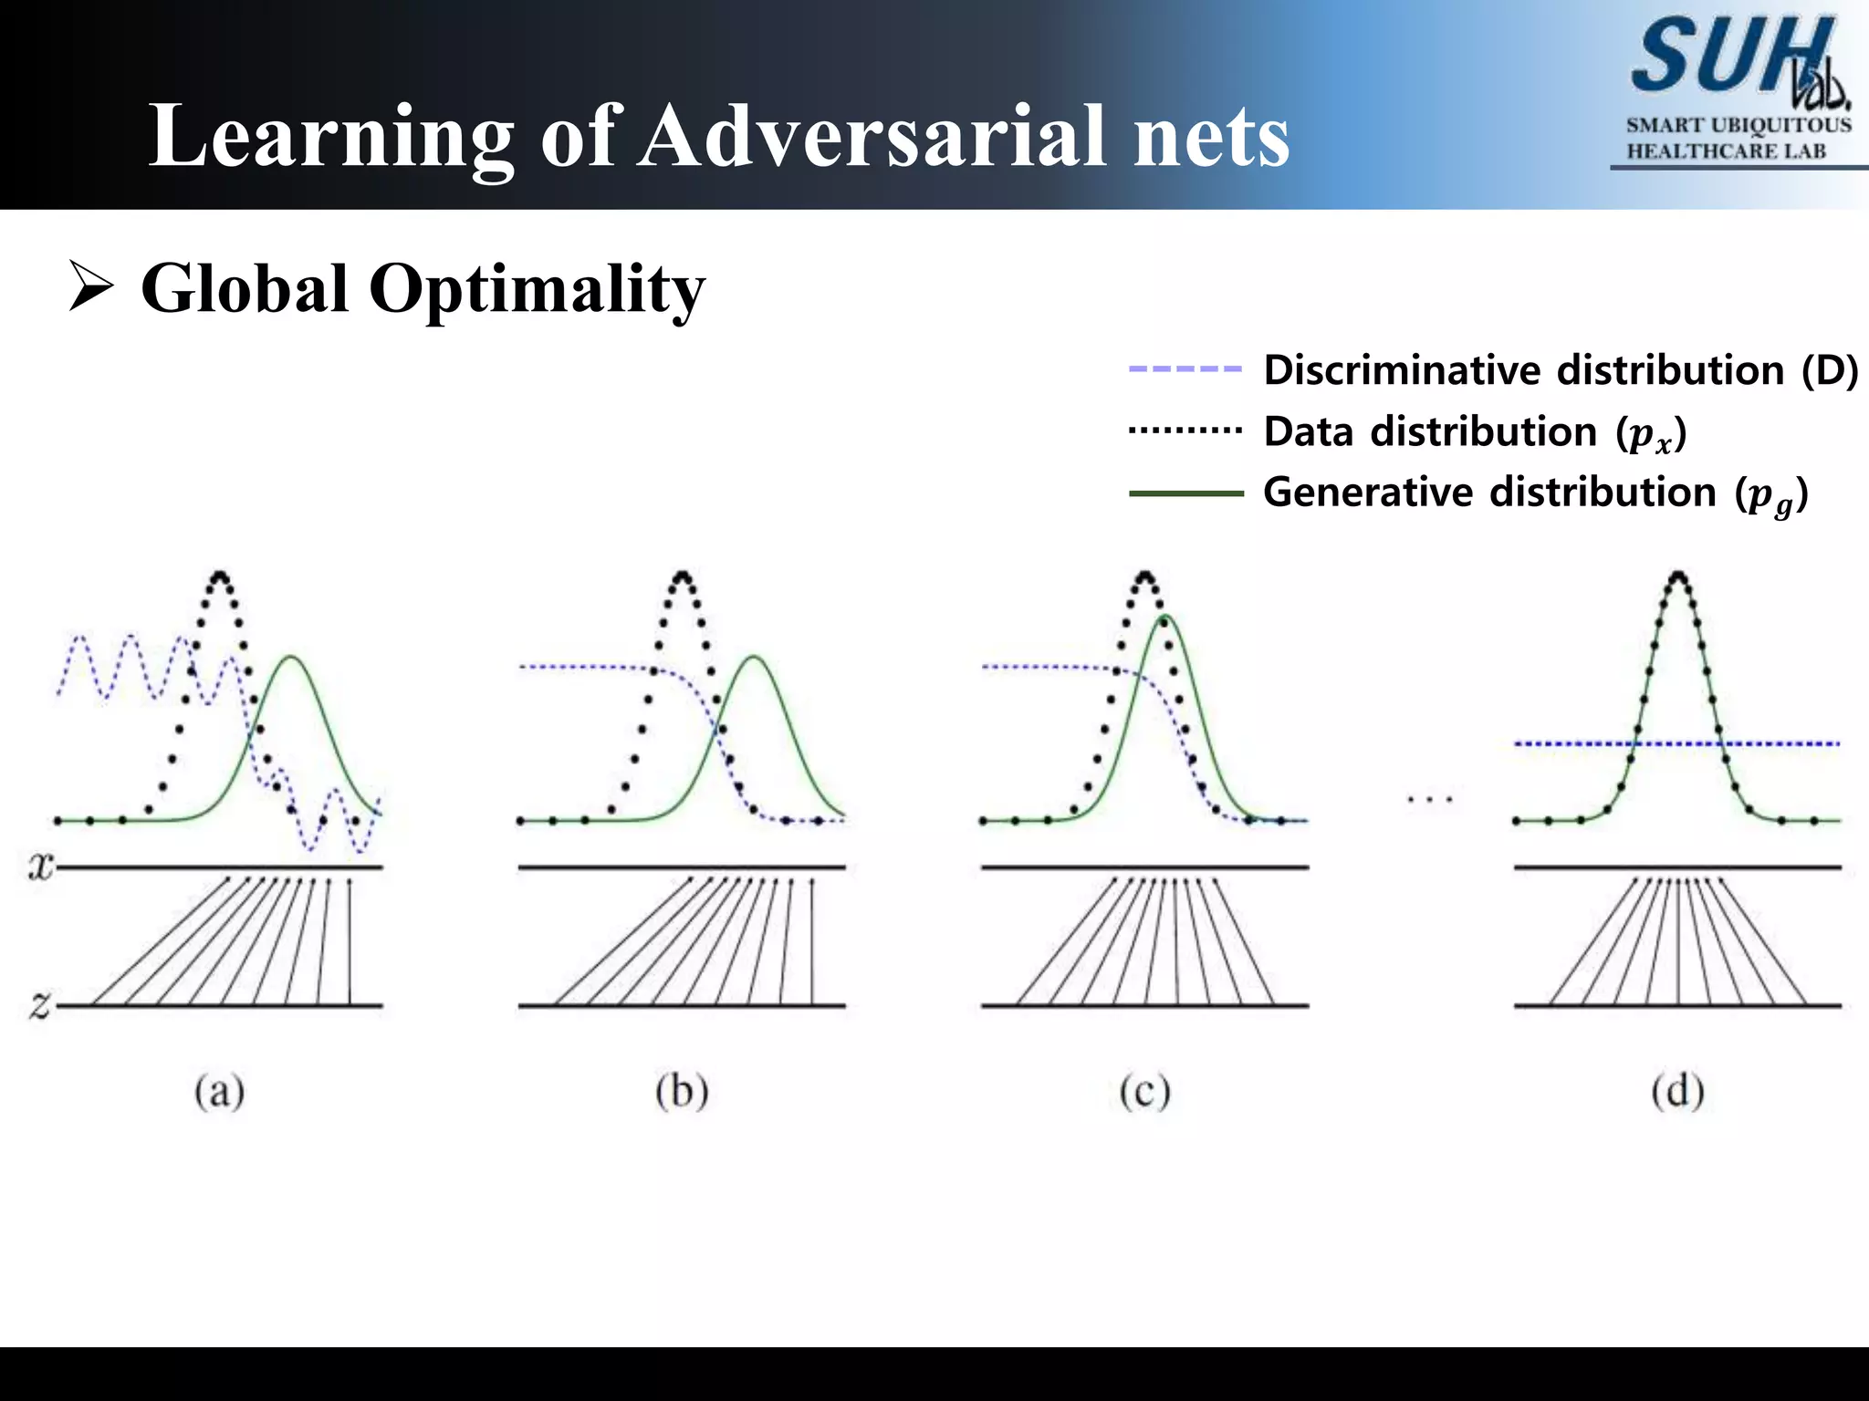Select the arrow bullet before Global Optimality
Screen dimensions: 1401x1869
pyautogui.click(x=91, y=287)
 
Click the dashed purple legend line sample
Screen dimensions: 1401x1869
pyautogui.click(x=1185, y=369)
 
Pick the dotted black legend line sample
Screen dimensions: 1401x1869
pyautogui.click(x=1185, y=430)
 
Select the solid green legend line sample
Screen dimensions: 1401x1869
pyautogui.click(x=1185, y=493)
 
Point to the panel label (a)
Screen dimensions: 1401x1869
pyautogui.click(x=219, y=1091)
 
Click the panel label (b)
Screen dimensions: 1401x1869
pyautogui.click(x=682, y=1091)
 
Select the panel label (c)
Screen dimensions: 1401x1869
pyautogui.click(x=1144, y=1091)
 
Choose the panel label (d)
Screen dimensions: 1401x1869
pyautogui.click(x=1677, y=1091)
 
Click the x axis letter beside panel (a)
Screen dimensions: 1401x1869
pyautogui.click(x=40, y=866)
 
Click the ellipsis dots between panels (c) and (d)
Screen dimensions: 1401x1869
pyautogui.click(x=1430, y=800)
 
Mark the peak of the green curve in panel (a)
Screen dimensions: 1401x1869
pyautogui.click(x=291, y=657)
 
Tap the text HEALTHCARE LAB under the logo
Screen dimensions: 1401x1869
pyautogui.click(x=1726, y=151)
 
